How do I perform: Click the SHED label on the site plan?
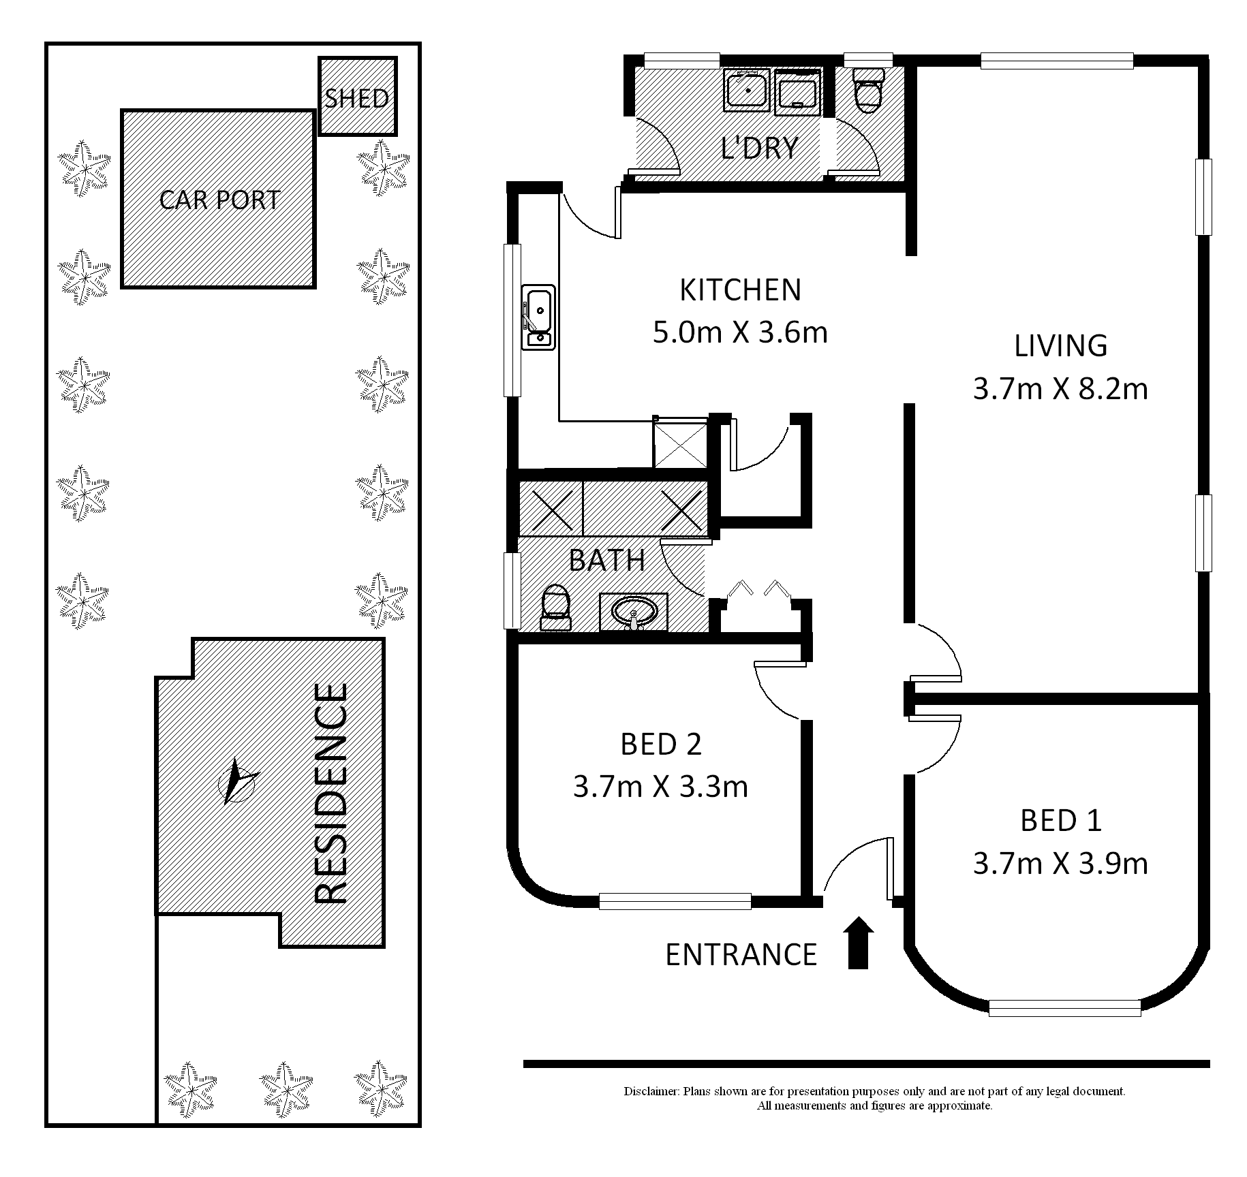pos(357,99)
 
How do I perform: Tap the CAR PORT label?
pos(219,200)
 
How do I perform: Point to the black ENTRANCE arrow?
pos(859,943)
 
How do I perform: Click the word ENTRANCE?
pos(741,955)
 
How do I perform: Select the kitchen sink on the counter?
pos(538,317)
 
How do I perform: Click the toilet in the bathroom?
pos(555,608)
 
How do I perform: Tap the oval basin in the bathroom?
pos(634,612)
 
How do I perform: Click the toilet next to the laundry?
pos(869,91)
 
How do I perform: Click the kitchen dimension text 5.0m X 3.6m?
pos(740,333)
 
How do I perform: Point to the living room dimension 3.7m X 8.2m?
pos(1060,389)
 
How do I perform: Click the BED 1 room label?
pos(1061,821)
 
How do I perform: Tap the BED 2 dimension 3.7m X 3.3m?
pos(660,787)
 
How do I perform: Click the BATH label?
pos(607,560)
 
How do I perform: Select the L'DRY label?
pos(760,148)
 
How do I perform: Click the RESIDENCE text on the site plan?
pos(332,794)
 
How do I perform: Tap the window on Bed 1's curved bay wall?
pos(1064,1007)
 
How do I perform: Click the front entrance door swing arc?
pos(850,854)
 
